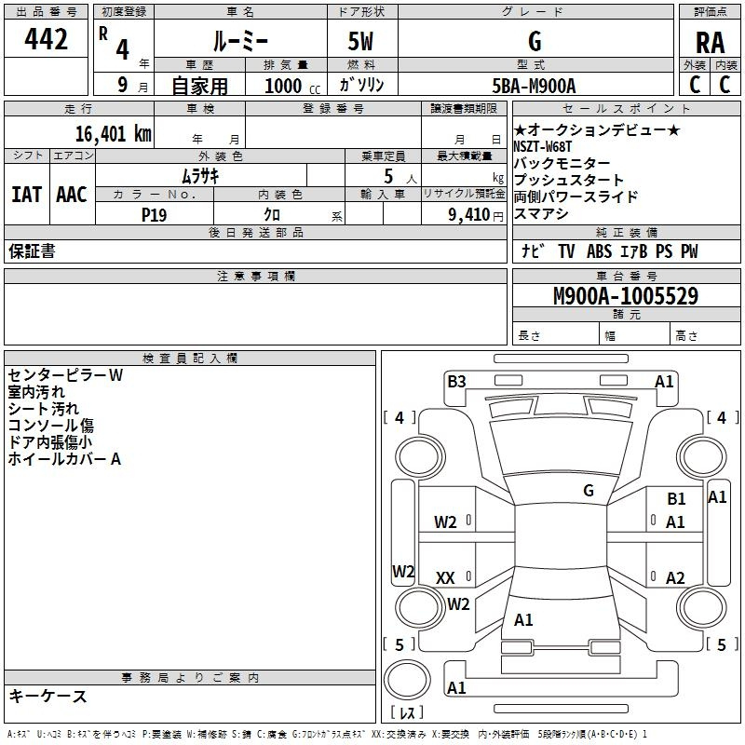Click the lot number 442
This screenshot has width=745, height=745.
[47, 39]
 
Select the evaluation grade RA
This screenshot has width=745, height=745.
[709, 43]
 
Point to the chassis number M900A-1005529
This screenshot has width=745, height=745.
[626, 297]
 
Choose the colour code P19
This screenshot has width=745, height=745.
[156, 213]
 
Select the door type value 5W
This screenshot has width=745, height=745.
[362, 42]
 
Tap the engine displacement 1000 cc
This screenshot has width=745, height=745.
[290, 86]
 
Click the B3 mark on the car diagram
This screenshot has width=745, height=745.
[456, 381]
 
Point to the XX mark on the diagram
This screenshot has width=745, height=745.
[445, 578]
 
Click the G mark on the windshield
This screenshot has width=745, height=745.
[589, 491]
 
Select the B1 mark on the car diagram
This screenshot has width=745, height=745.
[676, 499]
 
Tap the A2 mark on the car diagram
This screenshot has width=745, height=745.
[676, 578]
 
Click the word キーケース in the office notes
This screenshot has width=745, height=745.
[47, 696]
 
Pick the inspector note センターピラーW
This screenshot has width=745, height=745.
[65, 375]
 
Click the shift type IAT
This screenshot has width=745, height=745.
[25, 195]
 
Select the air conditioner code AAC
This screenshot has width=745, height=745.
[72, 195]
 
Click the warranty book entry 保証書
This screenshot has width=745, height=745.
[32, 251]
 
